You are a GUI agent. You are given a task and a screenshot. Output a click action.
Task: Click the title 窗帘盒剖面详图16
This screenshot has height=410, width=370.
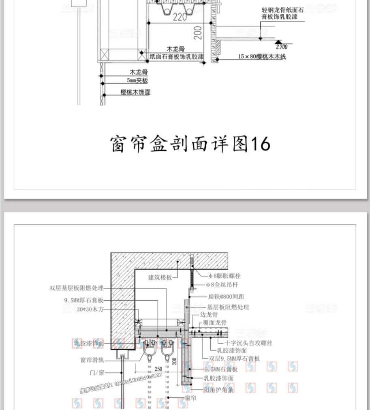coord(190,144)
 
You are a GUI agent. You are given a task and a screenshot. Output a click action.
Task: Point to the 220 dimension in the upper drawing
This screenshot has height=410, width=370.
coord(180,17)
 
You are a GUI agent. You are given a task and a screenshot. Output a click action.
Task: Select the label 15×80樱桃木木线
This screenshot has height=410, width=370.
coord(262,57)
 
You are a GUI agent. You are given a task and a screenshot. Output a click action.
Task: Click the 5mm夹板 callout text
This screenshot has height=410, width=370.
coord(137,81)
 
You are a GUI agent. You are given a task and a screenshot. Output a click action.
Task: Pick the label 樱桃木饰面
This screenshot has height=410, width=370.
coord(135,92)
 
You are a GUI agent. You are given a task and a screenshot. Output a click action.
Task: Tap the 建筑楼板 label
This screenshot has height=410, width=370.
coord(160,278)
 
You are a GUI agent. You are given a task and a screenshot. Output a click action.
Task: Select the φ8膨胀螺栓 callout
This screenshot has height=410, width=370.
coord(224,276)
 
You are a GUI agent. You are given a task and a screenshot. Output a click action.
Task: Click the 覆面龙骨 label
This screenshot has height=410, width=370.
coord(215,323)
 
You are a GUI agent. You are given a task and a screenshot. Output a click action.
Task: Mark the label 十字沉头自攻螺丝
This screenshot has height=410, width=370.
coord(246,343)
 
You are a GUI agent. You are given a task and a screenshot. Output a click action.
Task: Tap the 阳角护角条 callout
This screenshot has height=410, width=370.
coord(219,390)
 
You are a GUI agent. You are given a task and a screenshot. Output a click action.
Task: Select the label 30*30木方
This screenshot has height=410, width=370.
coord(90,309)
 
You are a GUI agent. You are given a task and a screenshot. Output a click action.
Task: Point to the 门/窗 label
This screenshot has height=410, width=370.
coord(97,371)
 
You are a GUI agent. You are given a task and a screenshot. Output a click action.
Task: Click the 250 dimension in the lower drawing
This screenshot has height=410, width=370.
coord(158,369)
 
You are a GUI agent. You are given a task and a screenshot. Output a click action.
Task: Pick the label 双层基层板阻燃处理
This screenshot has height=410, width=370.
coord(77,288)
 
